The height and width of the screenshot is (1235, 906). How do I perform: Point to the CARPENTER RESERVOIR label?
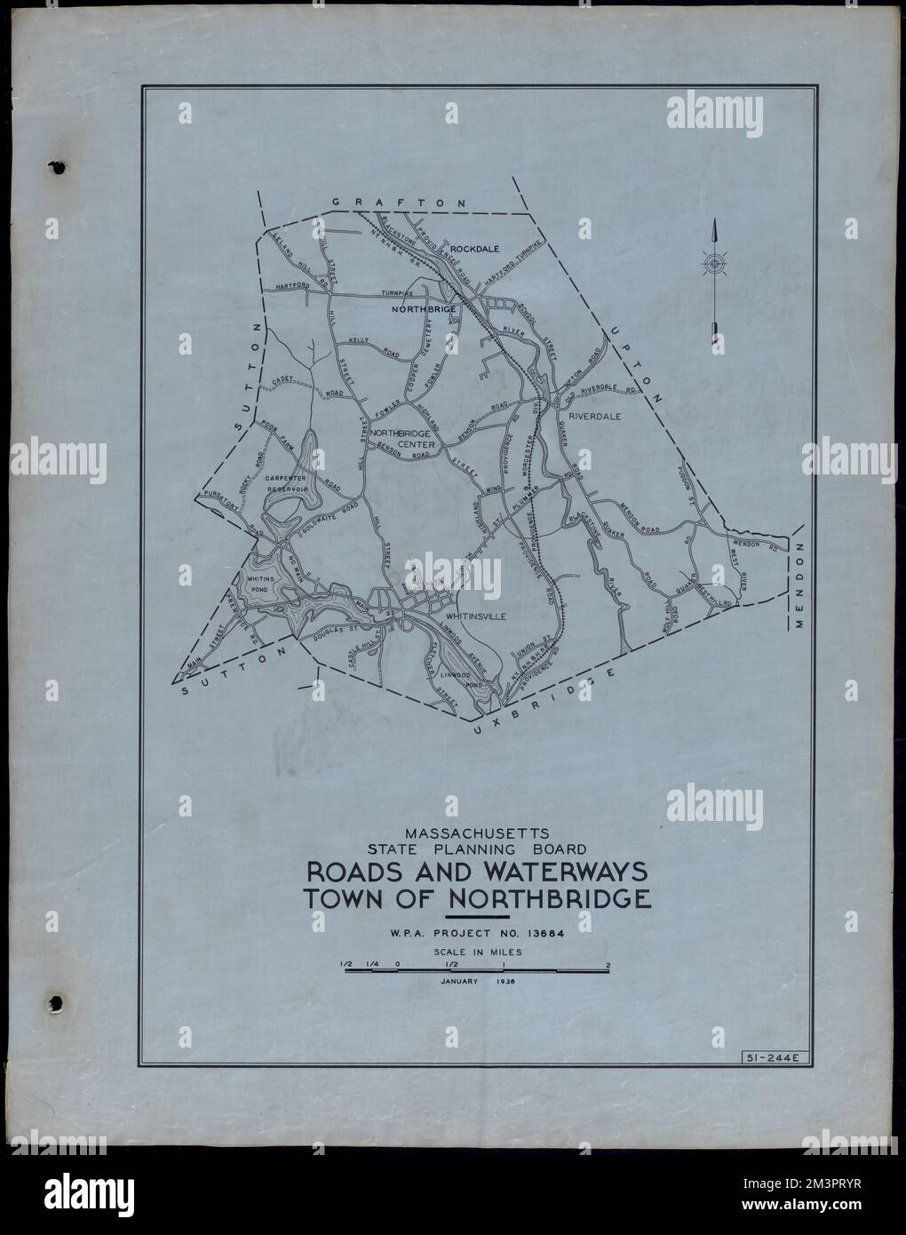[286, 483]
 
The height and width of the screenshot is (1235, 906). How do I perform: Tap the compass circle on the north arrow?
[713, 264]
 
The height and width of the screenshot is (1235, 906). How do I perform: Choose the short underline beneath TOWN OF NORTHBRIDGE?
[477, 916]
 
